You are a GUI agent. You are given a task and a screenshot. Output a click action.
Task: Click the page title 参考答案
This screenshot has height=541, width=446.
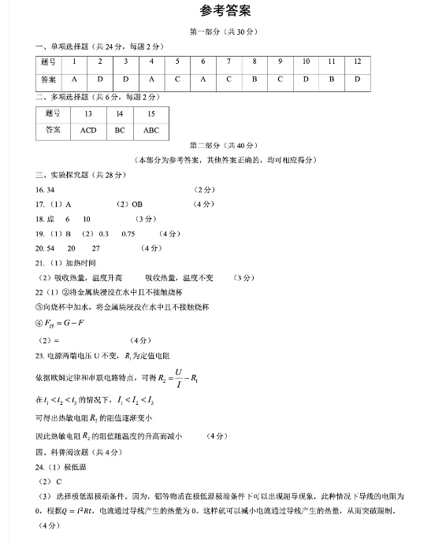(x=225, y=11)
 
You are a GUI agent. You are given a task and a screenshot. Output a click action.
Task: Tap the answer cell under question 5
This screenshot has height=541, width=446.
(x=177, y=80)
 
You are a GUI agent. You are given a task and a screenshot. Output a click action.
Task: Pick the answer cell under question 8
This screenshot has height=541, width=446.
(x=254, y=80)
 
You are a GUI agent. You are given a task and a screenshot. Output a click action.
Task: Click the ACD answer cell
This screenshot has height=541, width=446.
(x=88, y=131)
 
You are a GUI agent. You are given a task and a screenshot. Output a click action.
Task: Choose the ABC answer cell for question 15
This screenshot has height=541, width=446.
(x=151, y=131)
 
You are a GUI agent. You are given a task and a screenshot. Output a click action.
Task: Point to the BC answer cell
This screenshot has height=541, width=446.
(x=120, y=131)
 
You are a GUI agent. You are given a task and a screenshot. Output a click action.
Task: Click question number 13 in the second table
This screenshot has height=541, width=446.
(x=88, y=114)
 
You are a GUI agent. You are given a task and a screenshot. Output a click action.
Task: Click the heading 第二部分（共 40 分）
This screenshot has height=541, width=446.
(x=225, y=146)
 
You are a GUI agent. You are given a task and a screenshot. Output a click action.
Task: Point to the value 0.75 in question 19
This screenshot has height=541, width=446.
(x=128, y=234)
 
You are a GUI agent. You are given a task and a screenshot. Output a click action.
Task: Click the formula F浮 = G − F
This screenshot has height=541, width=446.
(x=64, y=324)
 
